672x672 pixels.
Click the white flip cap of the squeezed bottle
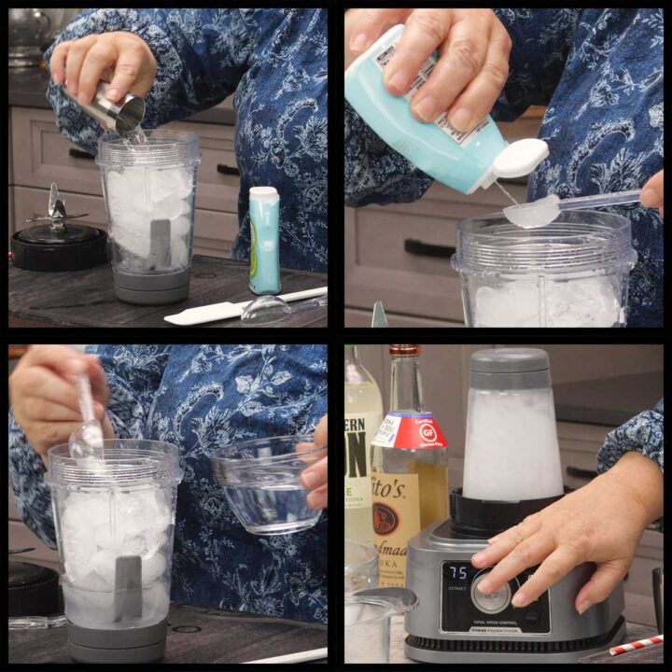point(519,158)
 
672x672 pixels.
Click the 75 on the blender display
point(455,573)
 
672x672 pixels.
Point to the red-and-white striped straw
point(636,646)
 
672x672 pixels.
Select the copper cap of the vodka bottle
point(405,351)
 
